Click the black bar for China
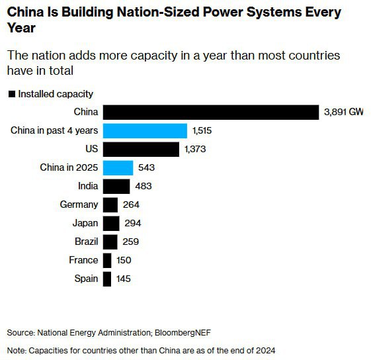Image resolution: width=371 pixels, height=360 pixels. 211,112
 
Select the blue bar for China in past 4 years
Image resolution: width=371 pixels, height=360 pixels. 145,130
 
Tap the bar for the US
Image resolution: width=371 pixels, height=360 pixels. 141,149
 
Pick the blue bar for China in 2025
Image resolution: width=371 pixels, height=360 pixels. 118,167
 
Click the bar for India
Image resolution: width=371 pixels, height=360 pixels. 116,186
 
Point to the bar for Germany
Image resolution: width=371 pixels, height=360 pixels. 110,204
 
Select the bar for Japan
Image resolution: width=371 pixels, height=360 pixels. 111,223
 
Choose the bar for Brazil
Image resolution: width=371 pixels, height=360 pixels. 110,242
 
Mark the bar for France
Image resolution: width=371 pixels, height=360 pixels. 107,260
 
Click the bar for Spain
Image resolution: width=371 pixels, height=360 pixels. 107,279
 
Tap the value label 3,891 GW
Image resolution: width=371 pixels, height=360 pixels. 343,112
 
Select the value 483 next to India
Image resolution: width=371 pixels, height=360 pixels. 144,187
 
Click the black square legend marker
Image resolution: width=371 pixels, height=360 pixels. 11,95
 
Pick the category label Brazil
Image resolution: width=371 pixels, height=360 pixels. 83,242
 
